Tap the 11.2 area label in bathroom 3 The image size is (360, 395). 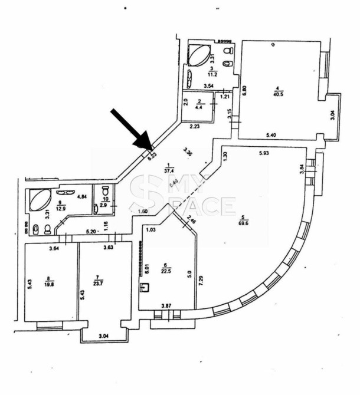pos(214,75)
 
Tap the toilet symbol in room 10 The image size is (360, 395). pos(105,192)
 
